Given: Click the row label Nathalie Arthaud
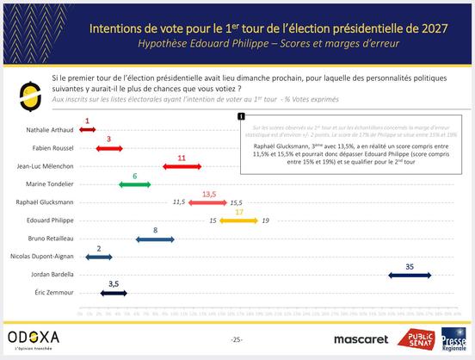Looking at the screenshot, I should [x=49, y=129].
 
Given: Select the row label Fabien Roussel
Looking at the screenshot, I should [x=52, y=147].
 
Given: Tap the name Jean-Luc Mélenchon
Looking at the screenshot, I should [x=46, y=165].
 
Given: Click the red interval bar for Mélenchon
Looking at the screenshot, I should [x=182, y=165].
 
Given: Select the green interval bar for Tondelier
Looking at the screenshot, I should [x=134, y=184].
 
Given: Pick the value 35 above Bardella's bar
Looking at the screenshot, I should [x=410, y=266].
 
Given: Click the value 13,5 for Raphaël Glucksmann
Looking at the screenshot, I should [x=208, y=194].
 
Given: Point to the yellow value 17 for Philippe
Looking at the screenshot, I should [x=239, y=212].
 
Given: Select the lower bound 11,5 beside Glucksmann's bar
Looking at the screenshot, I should [x=179, y=202].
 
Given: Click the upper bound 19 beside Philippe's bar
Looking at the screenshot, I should [x=266, y=220].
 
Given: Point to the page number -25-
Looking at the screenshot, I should [x=237, y=340].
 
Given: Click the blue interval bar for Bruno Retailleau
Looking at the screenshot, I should [x=155, y=238].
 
